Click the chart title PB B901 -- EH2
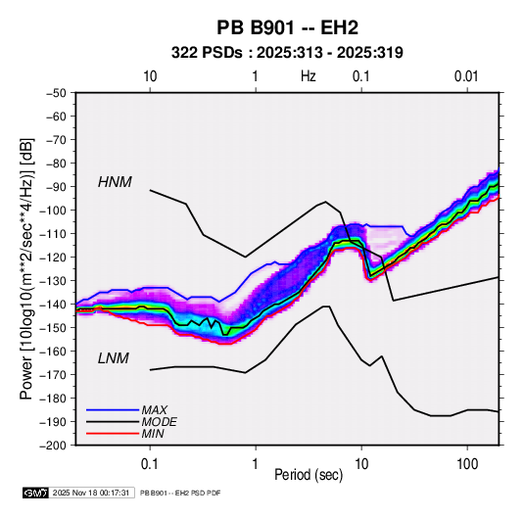pos(287,27)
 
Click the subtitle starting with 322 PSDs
pos(287,53)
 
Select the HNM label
pos(115,182)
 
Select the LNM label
pos(114,358)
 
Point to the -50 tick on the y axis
pos(56,93)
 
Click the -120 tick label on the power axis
pos(54,258)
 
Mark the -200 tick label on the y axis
pos(54,446)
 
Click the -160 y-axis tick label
pos(54,352)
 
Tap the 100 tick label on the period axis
pos(467,464)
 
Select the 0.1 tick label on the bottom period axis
pos(150,464)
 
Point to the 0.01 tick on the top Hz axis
pos(466,76)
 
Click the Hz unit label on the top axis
pos(309,76)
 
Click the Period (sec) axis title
pos(309,475)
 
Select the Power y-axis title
pos(26,268)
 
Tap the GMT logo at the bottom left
pos(36,493)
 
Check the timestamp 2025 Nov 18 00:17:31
pos(91,493)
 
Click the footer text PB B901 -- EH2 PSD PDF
pos(180,493)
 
